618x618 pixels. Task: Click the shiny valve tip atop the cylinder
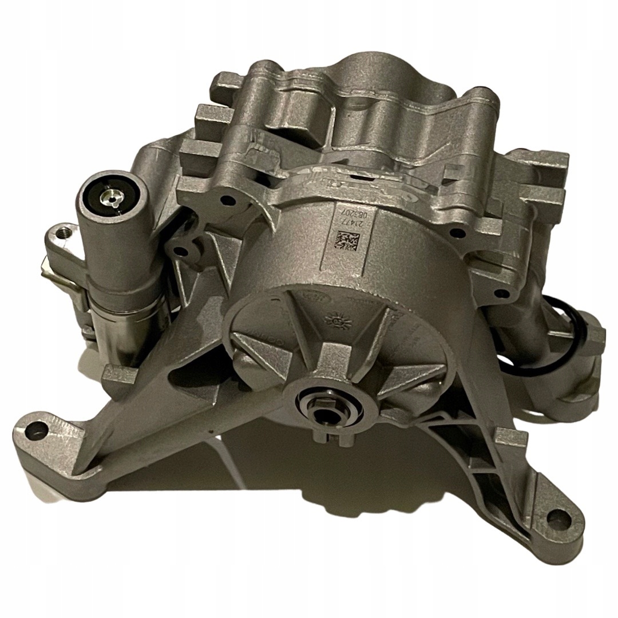pos(108,197)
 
